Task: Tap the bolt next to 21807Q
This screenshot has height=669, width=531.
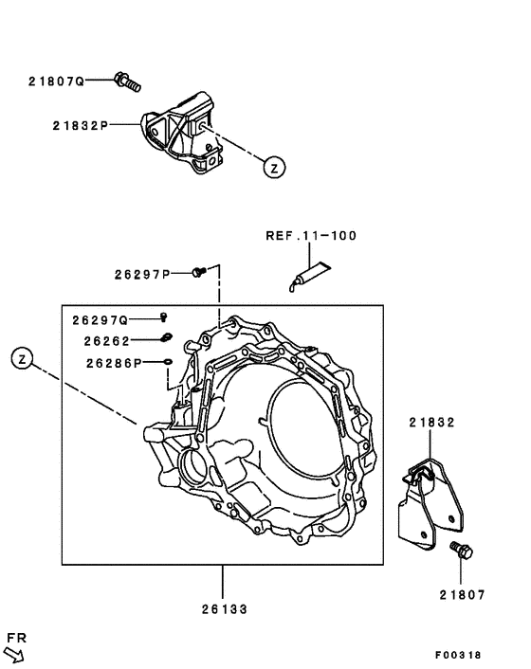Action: tap(126, 82)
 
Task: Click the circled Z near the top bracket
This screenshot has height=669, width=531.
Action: tap(274, 168)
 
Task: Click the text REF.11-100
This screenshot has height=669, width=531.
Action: tap(310, 236)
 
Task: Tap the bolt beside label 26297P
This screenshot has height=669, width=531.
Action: tap(198, 272)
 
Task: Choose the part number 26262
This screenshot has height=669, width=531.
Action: tap(105, 340)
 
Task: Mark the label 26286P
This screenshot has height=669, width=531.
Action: tap(113, 362)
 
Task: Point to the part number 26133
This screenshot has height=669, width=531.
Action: tap(224, 609)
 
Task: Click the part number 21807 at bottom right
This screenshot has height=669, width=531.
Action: tap(462, 595)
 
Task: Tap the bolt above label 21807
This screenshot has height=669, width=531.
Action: tap(459, 550)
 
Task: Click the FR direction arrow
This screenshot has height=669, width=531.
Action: tap(15, 652)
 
